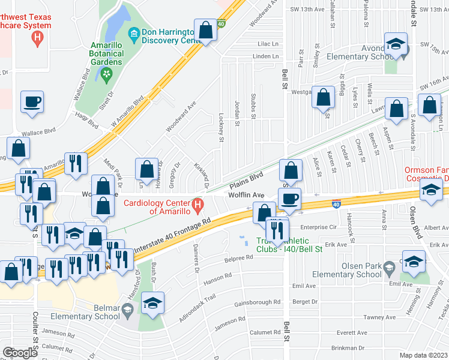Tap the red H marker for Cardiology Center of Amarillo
[x=198, y=208]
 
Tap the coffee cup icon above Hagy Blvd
[x=32, y=101]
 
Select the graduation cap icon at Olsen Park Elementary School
[x=413, y=262]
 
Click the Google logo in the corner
[x=19, y=353]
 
